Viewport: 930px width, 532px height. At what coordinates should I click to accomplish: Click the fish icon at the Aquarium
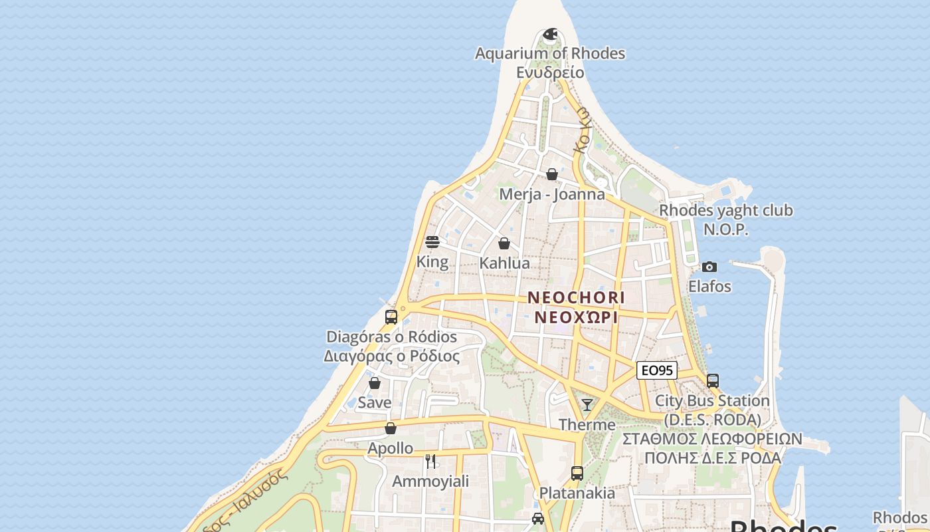tap(550, 34)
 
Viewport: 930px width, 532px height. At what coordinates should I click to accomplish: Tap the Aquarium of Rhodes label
tap(550, 53)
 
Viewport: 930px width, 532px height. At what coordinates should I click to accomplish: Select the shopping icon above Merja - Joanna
tap(552, 174)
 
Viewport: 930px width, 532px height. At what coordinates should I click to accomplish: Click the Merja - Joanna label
tap(552, 194)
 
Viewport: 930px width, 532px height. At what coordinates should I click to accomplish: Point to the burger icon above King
tap(432, 241)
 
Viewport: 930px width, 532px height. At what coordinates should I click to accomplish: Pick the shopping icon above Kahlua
tap(504, 243)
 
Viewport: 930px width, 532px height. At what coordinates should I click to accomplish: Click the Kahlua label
tap(505, 263)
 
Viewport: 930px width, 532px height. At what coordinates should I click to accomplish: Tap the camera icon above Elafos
tap(709, 267)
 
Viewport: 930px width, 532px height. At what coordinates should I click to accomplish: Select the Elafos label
tap(709, 287)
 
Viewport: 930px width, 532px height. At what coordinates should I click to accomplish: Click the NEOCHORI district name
tap(576, 297)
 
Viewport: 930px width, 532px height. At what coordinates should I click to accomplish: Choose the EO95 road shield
tap(657, 370)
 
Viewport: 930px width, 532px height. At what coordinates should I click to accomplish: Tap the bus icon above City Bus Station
tap(713, 381)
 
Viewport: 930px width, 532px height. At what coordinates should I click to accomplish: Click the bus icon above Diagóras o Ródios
tap(391, 317)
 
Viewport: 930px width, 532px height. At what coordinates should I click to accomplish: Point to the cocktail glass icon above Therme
tap(587, 404)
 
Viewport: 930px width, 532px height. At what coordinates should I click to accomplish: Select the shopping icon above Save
tap(375, 383)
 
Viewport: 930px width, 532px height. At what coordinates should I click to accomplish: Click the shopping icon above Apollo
tap(391, 428)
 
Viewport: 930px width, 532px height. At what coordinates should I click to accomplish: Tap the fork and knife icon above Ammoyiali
tap(430, 461)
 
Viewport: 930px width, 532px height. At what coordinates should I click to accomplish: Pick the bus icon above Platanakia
tap(577, 473)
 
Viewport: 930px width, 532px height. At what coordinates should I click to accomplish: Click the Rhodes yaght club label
tap(726, 211)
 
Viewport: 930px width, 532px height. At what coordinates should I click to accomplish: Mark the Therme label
tap(587, 424)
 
